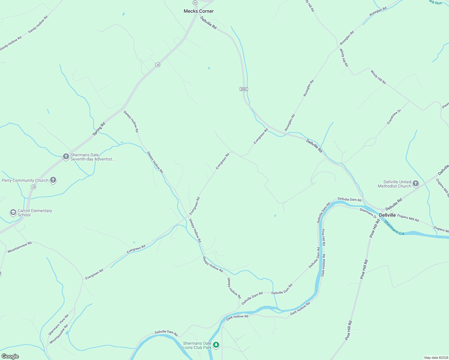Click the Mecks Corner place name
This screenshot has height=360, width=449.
coord(199,11)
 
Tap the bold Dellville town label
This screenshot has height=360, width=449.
coord(387,215)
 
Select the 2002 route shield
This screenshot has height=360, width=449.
coord(244,89)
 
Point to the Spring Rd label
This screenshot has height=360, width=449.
coord(99,129)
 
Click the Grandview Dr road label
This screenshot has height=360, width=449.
coord(394,117)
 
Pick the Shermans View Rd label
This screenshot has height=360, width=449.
coord(59,325)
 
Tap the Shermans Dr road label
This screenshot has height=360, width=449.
coord(368,213)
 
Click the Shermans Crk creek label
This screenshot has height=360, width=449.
coord(394,228)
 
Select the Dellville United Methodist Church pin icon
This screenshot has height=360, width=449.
coord(416,184)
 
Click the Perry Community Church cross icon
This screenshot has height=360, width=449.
coord(53,180)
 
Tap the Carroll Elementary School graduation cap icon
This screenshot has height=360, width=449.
coord(13,213)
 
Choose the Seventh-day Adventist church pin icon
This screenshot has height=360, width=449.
coord(66,157)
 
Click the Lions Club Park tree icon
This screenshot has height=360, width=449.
coord(216,345)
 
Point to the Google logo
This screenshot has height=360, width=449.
coord(10,356)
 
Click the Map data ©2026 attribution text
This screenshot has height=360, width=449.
coord(436,358)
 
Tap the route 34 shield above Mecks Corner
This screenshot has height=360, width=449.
coord(195,2)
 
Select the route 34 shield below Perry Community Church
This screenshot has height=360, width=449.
coord(33,187)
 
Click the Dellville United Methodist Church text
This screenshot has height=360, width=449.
coord(394,184)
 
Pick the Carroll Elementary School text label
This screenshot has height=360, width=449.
coord(35,213)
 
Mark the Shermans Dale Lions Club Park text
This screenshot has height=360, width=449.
coord(197,345)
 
